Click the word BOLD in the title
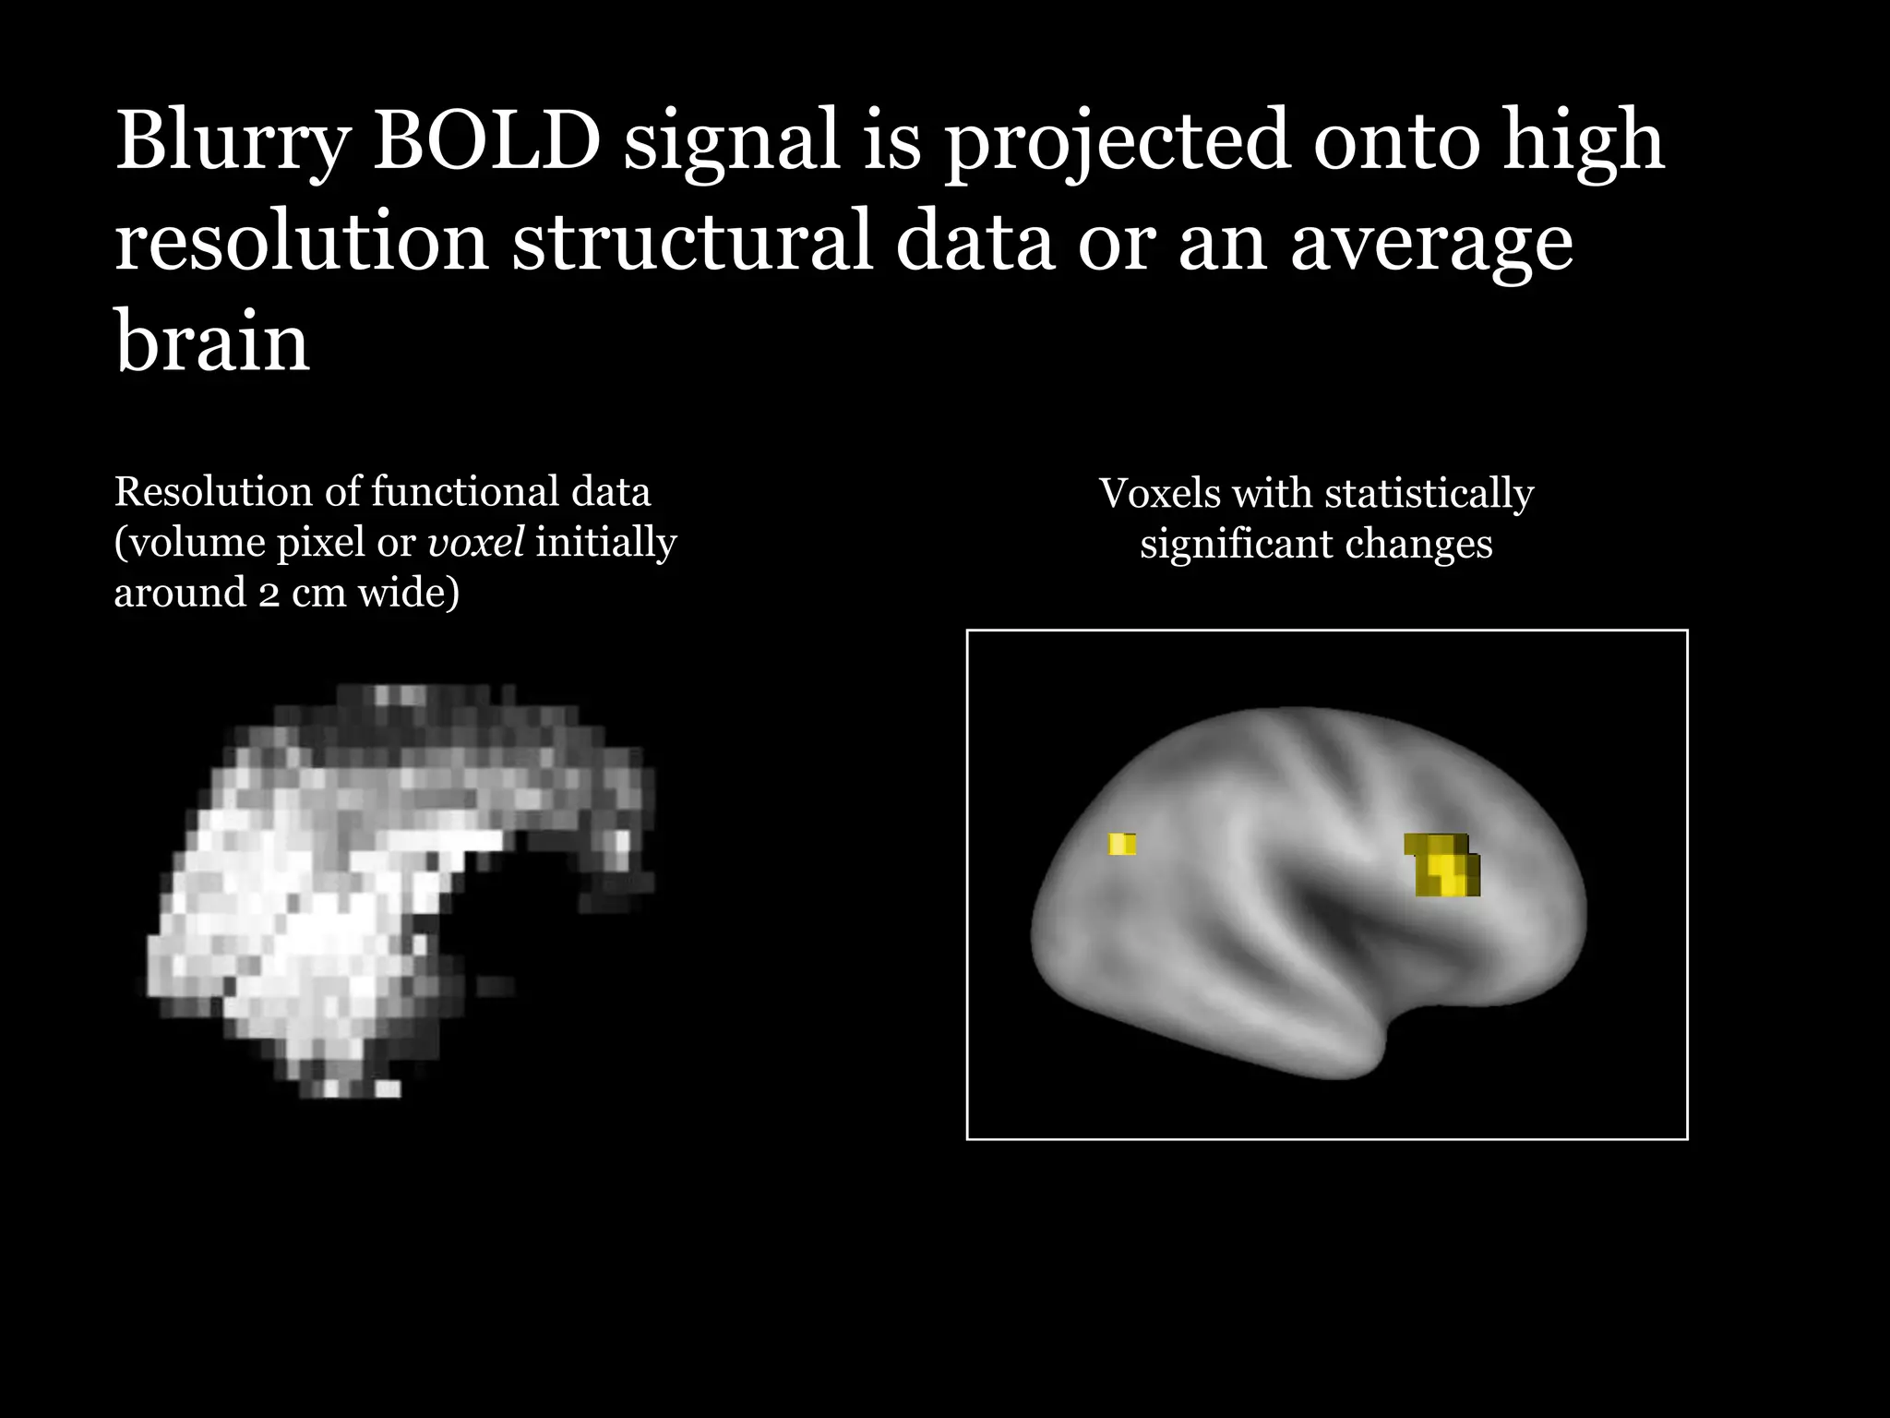point(486,141)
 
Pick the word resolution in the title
point(301,242)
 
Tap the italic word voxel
point(476,542)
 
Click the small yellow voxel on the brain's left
point(1122,844)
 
